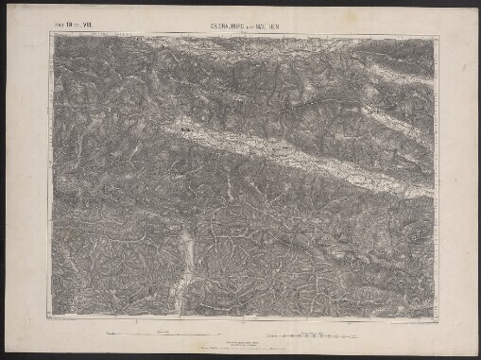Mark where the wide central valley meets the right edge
tap(431, 192)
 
